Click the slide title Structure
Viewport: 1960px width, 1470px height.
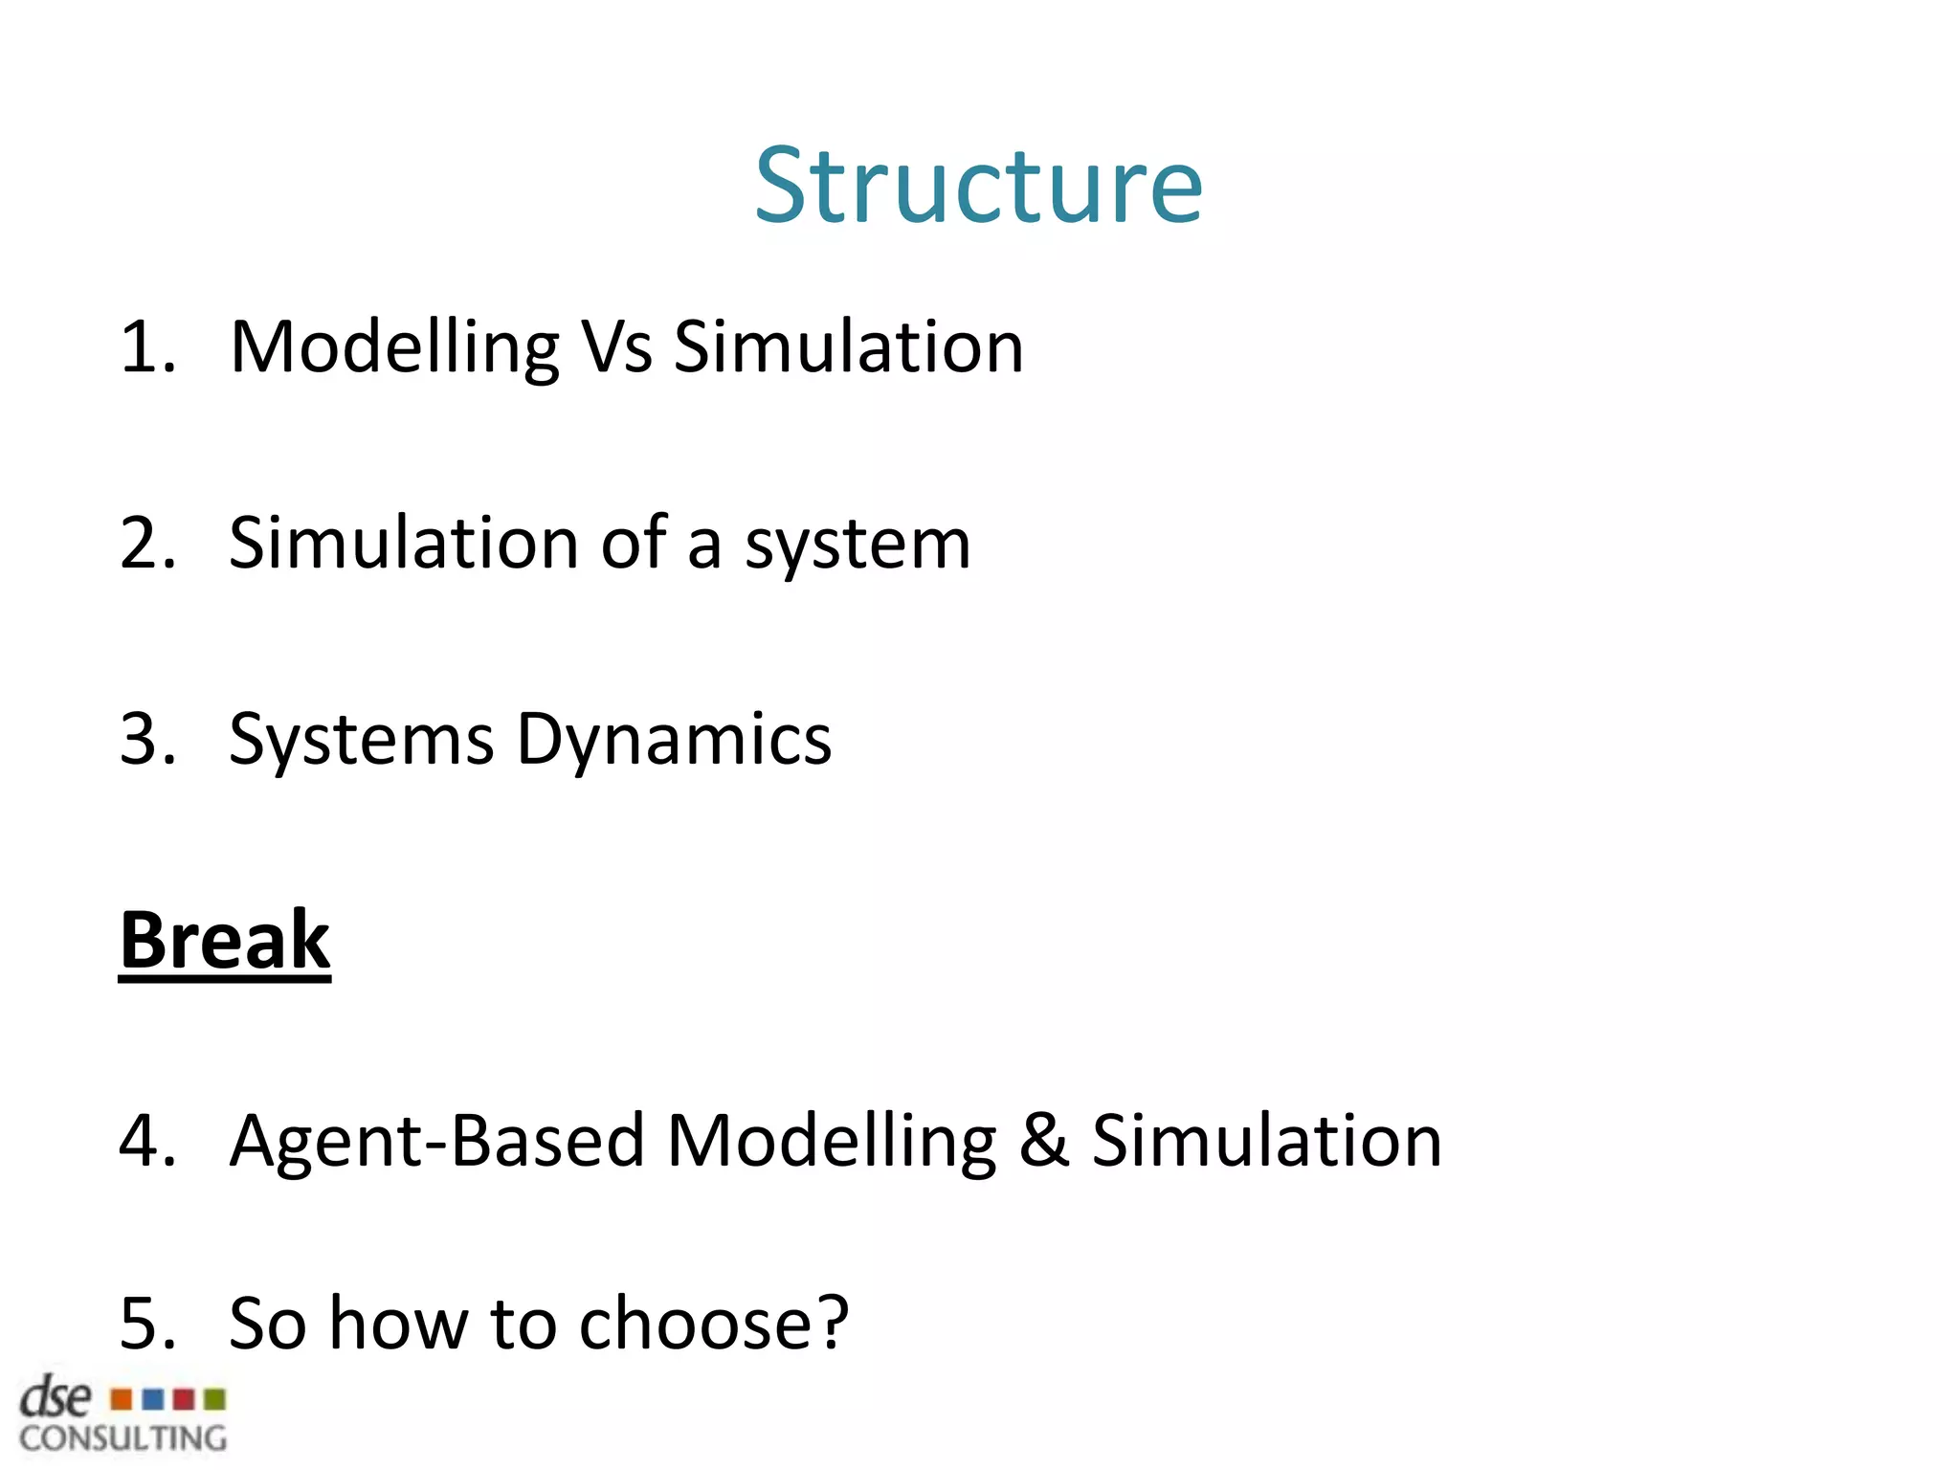978,186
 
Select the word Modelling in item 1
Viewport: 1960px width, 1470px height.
394,348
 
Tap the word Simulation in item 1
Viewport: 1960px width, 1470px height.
848,346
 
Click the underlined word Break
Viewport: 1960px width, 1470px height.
225,941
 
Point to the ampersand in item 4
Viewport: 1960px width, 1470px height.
1043,1141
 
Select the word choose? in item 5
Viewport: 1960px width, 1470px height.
714,1324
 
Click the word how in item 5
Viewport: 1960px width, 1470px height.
398,1324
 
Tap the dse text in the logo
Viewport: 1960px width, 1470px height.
56,1398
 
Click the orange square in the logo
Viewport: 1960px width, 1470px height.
122,1400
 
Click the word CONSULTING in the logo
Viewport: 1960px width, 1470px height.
122,1438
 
